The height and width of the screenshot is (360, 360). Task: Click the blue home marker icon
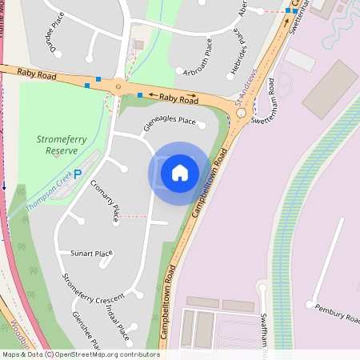coord(180,172)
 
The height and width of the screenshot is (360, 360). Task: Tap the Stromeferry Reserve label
coord(62,144)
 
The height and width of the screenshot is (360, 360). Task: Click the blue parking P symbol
coord(78,174)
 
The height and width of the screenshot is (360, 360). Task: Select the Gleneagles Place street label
coord(170,122)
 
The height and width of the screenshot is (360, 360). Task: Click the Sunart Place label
coord(91,254)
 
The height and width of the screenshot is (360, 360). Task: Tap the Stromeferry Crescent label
coord(94,292)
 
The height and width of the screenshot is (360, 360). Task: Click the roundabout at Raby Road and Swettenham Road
coord(241,113)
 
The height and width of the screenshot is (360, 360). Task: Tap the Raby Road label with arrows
coord(178,98)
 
